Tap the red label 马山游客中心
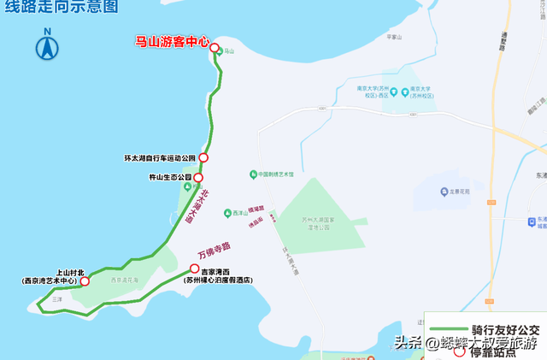click(172, 40)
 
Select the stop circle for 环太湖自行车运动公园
click(203, 157)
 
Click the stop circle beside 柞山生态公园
click(198, 178)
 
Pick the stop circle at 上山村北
click(84, 280)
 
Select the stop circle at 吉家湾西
click(195, 269)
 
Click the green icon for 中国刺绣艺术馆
click(253, 174)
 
